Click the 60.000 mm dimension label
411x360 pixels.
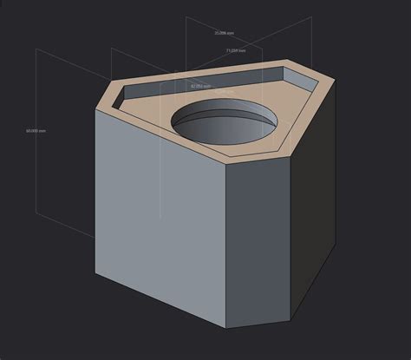[36, 131]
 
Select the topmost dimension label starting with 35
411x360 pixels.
[225, 33]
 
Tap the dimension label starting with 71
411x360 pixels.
[236, 51]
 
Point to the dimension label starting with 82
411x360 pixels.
[201, 87]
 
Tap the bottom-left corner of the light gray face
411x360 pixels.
[95, 272]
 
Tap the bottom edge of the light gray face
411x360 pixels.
[160, 301]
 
